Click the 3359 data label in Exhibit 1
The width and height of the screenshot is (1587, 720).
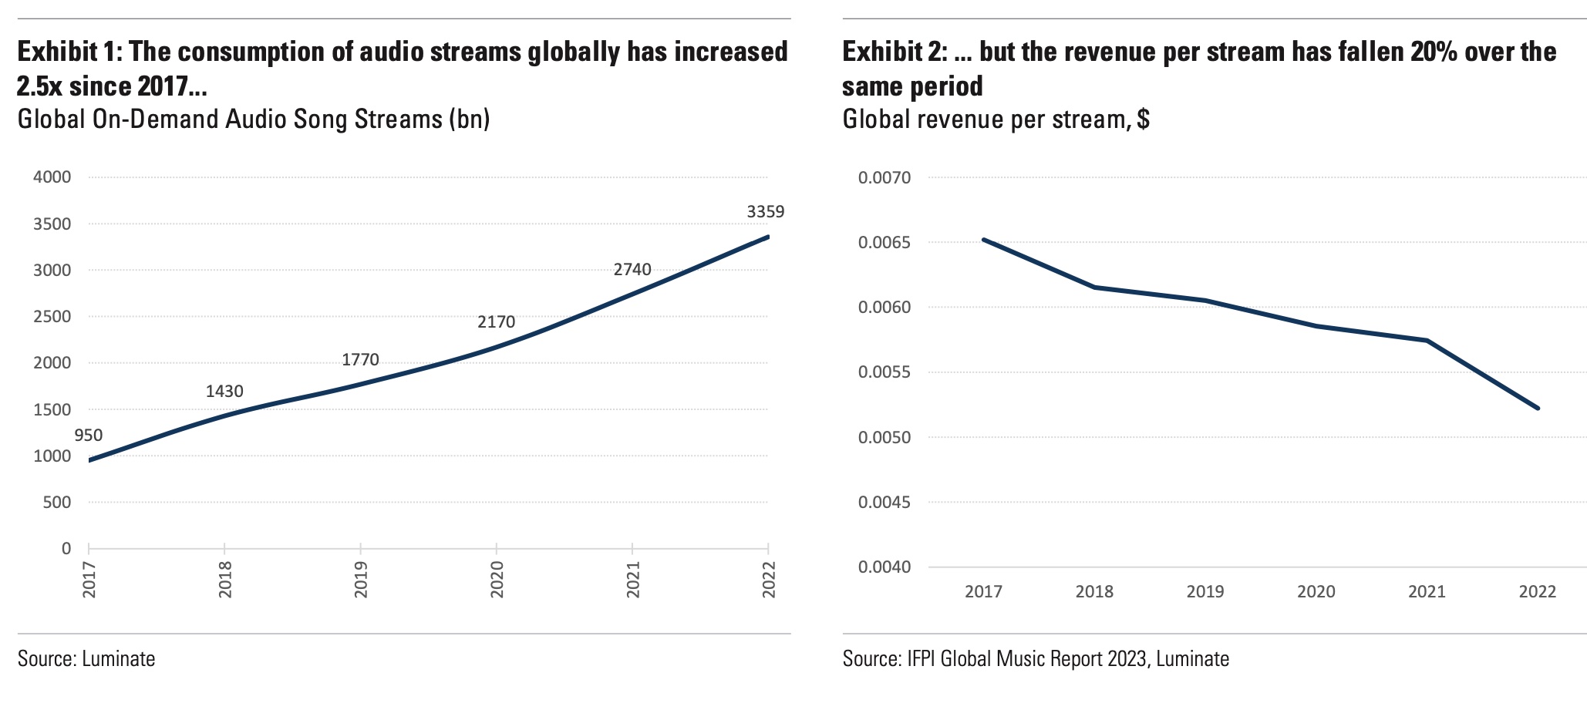tap(765, 211)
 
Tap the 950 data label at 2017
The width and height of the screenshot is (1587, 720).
tap(88, 436)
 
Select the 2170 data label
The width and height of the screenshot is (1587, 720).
tap(496, 321)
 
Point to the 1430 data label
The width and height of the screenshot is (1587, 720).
tap(224, 392)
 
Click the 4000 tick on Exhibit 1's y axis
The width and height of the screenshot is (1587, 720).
tap(52, 177)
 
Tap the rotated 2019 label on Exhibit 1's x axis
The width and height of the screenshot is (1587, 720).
tap(361, 580)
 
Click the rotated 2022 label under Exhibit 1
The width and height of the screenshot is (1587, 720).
tap(768, 580)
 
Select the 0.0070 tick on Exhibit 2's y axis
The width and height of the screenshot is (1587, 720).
tap(884, 178)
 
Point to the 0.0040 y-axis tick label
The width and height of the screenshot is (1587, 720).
tap(884, 567)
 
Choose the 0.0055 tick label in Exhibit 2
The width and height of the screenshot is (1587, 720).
tap(884, 372)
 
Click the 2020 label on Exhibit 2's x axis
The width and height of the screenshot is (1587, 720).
tap(1316, 592)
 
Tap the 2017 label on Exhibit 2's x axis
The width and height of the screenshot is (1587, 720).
tap(983, 592)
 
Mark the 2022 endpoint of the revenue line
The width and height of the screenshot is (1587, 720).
tap(1538, 408)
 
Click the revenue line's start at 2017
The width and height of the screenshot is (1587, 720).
tap(983, 240)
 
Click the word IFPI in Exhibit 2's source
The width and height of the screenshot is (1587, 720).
tap(920, 659)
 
